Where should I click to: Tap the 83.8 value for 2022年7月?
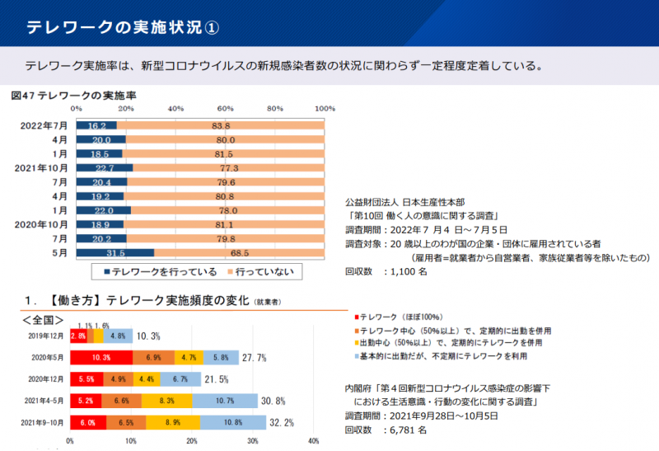tap(221, 126)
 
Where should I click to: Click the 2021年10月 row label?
tap(40, 168)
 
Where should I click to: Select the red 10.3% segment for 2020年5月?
tap(100, 358)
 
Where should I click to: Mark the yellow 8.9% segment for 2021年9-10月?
tap(172, 423)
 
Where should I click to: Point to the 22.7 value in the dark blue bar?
tap(103, 168)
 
